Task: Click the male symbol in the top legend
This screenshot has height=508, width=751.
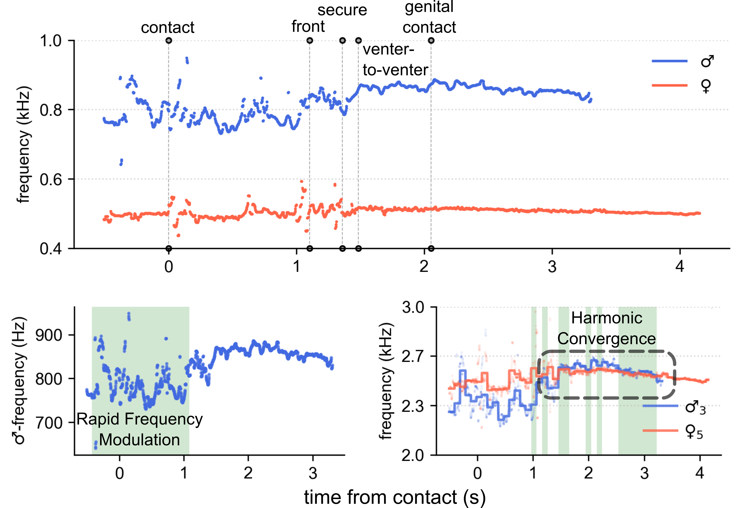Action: click(707, 61)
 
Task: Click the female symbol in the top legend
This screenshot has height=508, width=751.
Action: click(706, 86)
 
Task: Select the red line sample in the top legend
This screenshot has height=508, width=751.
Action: click(669, 85)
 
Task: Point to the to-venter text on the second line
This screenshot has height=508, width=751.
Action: click(395, 70)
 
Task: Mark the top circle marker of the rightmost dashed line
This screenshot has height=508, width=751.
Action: click(431, 41)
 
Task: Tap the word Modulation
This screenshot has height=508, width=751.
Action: click(139, 440)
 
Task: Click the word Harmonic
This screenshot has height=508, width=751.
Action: click(607, 318)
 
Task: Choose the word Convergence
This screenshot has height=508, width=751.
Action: click(607, 339)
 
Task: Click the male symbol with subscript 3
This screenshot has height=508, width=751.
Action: click(695, 408)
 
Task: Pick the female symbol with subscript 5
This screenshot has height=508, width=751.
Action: click(693, 432)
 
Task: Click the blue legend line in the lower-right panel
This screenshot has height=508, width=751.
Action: click(660, 406)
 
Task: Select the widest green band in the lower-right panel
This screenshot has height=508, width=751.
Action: click(637, 420)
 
